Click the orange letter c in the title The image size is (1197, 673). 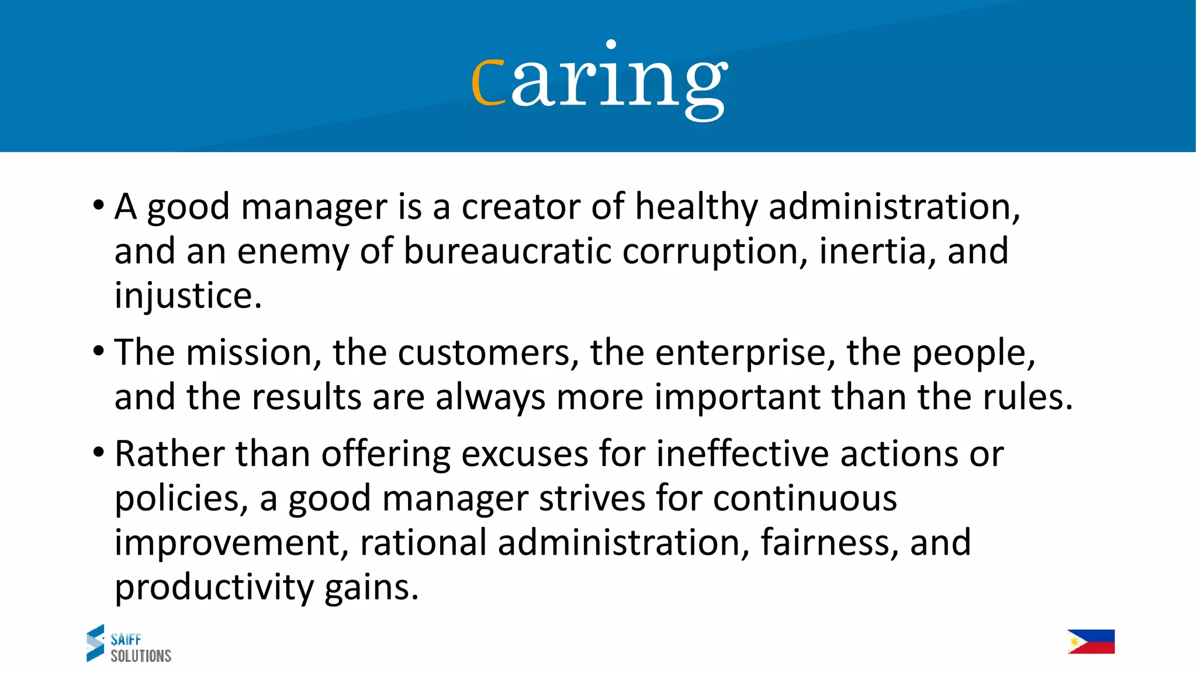[488, 82]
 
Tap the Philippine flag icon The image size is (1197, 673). [1091, 641]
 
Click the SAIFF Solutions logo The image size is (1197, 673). [129, 643]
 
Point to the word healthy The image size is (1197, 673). [696, 207]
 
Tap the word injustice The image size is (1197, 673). [188, 296]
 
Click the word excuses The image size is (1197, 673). [524, 454]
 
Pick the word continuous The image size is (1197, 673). [805, 498]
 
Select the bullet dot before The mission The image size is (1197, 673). [99, 351]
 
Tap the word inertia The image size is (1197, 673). [873, 251]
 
